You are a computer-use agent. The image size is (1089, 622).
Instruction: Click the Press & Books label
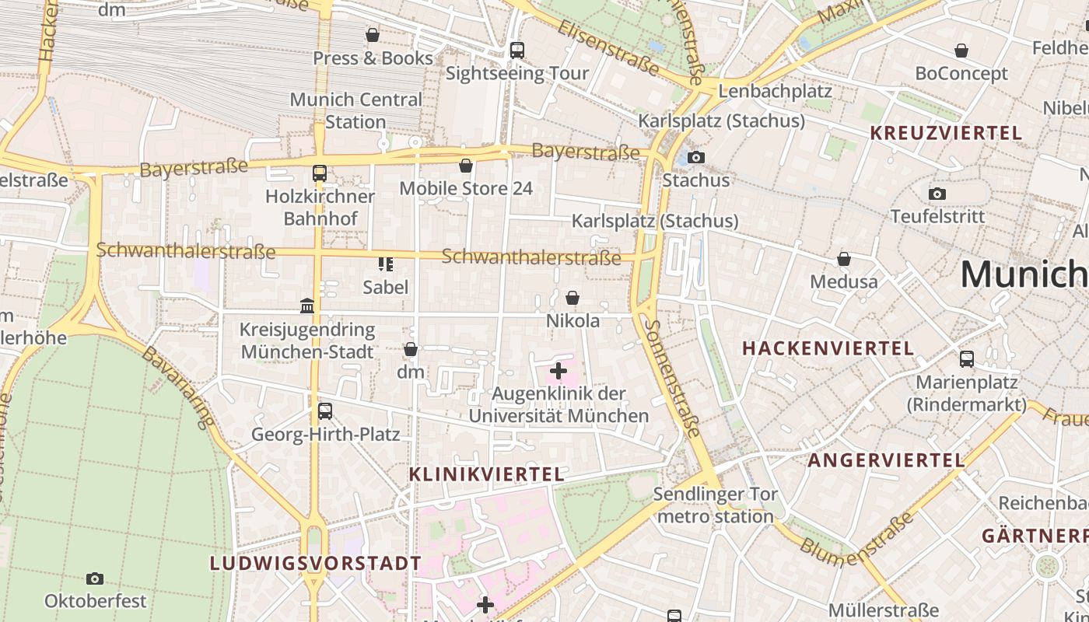click(373, 58)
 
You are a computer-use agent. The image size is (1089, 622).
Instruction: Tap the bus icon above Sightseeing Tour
click(517, 51)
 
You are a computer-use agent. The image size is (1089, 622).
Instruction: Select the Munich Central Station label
click(355, 110)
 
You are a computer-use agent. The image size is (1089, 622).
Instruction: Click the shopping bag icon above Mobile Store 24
click(466, 166)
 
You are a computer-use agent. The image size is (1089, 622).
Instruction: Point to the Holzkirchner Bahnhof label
click(320, 208)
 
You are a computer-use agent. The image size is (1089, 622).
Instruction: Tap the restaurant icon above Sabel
click(385, 264)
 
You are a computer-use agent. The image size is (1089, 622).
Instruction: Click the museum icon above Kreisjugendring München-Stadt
click(307, 306)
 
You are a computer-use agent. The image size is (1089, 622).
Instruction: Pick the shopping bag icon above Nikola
click(573, 298)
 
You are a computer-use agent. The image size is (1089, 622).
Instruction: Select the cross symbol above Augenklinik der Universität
click(559, 371)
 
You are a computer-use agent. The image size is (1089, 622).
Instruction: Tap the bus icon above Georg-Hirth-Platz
click(325, 411)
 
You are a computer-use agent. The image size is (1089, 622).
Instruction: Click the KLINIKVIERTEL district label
click(486, 474)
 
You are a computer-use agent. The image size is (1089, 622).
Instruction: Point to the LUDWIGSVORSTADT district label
click(316, 563)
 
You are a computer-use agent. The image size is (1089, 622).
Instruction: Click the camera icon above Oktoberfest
click(95, 578)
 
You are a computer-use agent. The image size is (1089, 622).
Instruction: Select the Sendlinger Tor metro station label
click(715, 505)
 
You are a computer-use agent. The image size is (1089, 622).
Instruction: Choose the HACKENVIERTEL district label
click(828, 348)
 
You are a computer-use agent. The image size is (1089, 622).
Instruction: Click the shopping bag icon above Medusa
click(844, 259)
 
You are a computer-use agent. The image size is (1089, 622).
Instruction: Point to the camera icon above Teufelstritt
click(937, 194)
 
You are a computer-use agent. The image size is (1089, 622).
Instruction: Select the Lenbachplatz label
click(775, 91)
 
